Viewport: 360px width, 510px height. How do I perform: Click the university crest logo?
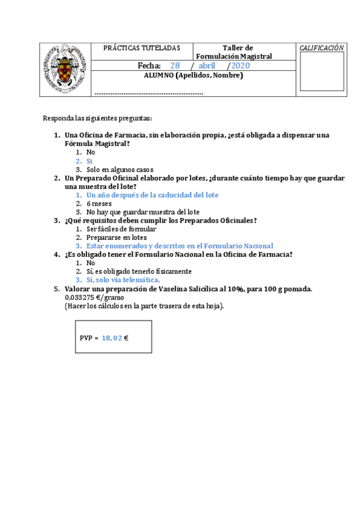(x=65, y=69)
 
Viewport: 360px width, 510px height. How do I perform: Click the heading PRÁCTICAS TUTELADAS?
(x=141, y=48)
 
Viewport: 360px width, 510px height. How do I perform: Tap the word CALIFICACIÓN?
(x=322, y=48)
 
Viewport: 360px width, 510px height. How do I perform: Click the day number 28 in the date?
(x=175, y=66)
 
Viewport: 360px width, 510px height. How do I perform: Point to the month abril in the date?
(x=207, y=66)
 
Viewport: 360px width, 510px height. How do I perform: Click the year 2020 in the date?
(x=240, y=66)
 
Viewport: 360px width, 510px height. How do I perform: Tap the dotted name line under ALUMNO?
(x=149, y=93)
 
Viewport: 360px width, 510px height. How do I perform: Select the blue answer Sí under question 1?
(x=90, y=161)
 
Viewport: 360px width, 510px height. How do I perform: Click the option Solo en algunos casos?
(x=120, y=170)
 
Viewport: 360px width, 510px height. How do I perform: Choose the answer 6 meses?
(x=99, y=203)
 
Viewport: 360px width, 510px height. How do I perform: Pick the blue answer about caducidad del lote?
(x=152, y=195)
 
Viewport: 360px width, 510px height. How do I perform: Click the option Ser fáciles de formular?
(x=121, y=229)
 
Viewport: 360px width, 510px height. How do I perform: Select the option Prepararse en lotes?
(x=117, y=237)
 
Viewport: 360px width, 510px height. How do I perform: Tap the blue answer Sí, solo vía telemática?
(x=123, y=280)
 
